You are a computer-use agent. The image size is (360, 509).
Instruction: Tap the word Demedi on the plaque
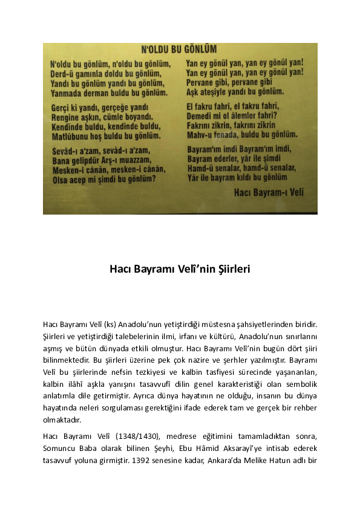201,116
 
